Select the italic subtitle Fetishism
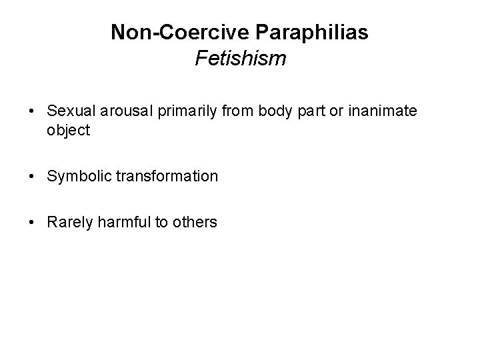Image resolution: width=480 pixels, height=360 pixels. coord(240,59)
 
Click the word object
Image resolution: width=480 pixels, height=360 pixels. coord(68,130)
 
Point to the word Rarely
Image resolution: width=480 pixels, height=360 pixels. coord(69,222)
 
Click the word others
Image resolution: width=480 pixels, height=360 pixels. coord(195,222)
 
